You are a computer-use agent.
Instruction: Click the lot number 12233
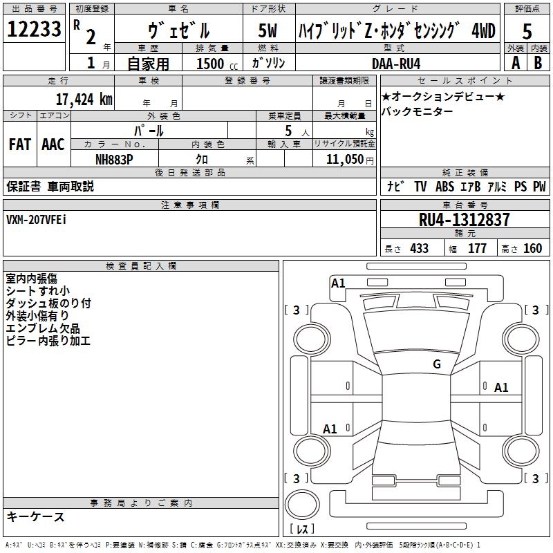tap(34, 30)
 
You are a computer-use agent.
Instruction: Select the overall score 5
tap(527, 30)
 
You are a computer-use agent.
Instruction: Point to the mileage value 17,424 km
tap(84, 99)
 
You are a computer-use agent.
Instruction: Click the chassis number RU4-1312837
tap(465, 220)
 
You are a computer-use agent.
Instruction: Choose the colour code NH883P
tap(114, 159)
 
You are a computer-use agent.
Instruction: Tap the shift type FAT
tap(19, 144)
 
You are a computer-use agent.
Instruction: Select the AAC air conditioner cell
tap(53, 144)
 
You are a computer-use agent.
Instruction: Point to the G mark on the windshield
tap(436, 364)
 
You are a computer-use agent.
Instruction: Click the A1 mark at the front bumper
tap(338, 283)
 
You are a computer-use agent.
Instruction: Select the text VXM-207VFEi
tap(37, 219)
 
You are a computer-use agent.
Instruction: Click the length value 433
tap(419, 248)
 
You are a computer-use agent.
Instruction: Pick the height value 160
tap(532, 248)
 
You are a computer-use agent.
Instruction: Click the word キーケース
tap(35, 516)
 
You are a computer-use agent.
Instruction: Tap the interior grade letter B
tap(538, 63)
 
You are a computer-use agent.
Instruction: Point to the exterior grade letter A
tap(515, 63)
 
